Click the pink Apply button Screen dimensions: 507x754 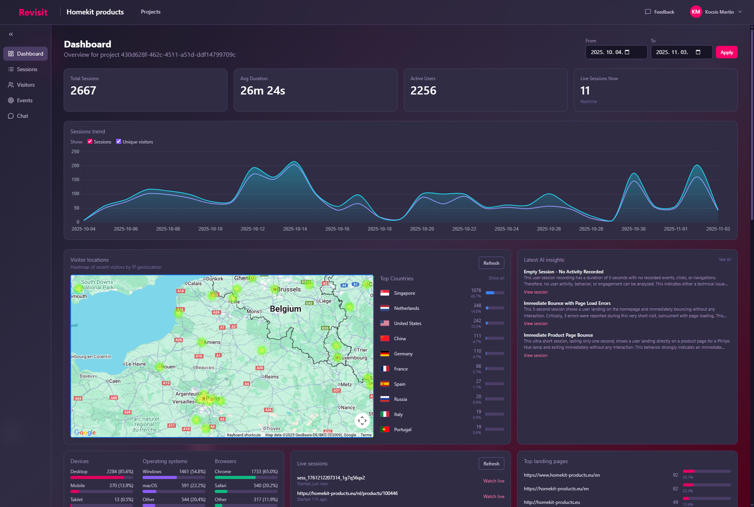tap(726, 52)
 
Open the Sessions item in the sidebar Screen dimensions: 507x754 tap(27, 69)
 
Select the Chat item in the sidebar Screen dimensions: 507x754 tap(23, 116)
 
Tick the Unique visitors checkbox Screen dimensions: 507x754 tap(119, 142)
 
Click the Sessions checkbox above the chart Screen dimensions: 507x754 tap(90, 142)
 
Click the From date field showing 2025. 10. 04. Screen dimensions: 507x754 tap(616, 52)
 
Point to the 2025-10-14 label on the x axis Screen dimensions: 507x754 tap(295, 229)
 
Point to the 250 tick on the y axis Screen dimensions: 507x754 tap(75, 152)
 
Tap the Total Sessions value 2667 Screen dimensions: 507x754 tap(83, 91)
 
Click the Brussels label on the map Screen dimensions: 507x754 tap(288, 289)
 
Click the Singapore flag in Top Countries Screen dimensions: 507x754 tap(385, 293)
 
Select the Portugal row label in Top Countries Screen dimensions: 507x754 tap(403, 430)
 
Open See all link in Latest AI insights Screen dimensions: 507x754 tap(724, 259)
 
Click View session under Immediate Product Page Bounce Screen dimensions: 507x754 tap(535, 355)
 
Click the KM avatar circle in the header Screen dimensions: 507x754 tap(696, 12)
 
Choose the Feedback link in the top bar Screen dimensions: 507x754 tap(660, 12)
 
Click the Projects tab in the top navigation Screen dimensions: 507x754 tap(151, 12)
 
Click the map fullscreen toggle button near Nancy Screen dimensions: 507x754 tap(362, 420)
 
